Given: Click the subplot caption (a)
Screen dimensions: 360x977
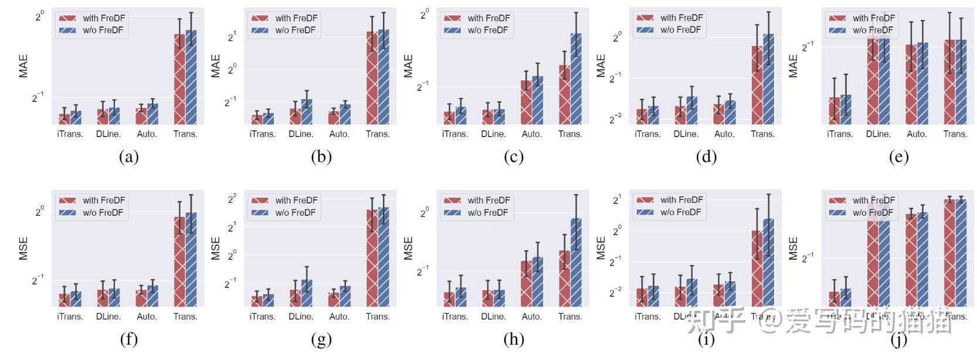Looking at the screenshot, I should point(128,157).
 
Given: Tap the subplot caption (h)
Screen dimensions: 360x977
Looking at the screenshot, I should point(514,339).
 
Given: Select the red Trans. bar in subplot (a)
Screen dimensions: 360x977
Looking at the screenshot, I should point(179,79).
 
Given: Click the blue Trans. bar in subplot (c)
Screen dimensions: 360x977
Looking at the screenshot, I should point(576,79).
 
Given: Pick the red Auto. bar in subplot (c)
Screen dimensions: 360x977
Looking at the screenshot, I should point(526,102).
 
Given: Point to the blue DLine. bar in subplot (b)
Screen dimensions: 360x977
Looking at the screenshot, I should point(307,111).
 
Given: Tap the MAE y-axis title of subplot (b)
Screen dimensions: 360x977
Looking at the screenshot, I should point(216,66).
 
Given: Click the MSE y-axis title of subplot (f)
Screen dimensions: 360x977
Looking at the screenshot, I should point(23,248).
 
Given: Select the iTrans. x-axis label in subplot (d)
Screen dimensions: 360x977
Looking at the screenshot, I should point(647,134).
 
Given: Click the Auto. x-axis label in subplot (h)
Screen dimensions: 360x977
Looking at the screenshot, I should point(532,317).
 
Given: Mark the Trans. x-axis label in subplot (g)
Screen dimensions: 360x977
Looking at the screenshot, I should point(378,317).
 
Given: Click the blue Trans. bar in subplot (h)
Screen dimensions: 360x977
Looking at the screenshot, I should point(576,262).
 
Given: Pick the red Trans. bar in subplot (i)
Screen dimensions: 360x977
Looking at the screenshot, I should point(757,269).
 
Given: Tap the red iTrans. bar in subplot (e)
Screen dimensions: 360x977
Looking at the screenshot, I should point(834,111).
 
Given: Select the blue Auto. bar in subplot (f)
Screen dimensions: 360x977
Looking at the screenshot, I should point(152,296).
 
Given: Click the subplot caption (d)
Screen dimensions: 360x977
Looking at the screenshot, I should point(706,157).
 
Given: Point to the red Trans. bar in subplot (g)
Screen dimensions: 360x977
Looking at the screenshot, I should point(372,258).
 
